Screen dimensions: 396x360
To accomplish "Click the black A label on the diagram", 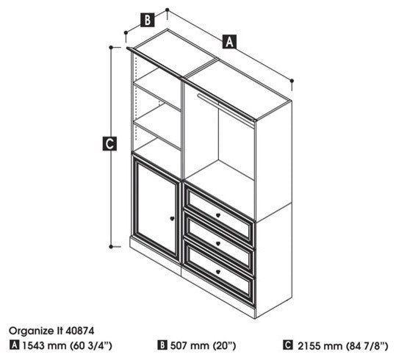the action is [x=229, y=41].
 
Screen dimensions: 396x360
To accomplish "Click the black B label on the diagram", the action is [x=148, y=20].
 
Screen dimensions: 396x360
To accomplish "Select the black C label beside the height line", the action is [x=109, y=143].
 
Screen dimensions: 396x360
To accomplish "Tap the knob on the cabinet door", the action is [x=172, y=218].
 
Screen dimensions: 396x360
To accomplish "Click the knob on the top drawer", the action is [x=218, y=215].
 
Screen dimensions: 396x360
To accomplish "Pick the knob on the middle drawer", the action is [x=218, y=244].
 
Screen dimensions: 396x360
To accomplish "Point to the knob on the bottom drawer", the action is [x=218, y=272].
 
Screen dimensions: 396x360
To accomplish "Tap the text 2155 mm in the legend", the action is [x=320, y=346].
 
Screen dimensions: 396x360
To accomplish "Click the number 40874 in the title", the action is [x=79, y=331].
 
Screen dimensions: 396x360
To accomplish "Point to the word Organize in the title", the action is [x=31, y=331].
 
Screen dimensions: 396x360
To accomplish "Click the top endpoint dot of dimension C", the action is [x=111, y=47].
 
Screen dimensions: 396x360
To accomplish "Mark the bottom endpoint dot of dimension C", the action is [x=111, y=247].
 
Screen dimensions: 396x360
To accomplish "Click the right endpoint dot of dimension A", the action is [x=292, y=81].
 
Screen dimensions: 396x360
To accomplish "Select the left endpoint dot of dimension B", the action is [x=126, y=32].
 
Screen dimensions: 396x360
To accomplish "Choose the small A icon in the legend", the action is [x=15, y=345].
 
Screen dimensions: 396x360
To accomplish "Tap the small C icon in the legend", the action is [x=288, y=345].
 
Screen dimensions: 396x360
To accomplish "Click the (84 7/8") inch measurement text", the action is [x=367, y=346].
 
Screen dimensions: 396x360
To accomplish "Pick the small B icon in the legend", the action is [x=162, y=345].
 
